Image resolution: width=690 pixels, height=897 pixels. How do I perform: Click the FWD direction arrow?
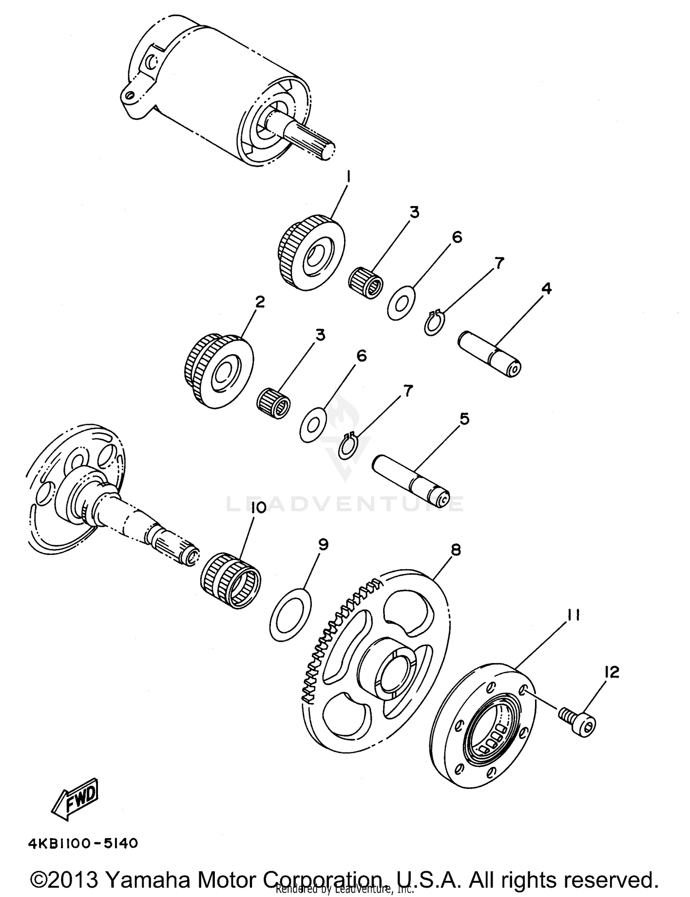pos(75,799)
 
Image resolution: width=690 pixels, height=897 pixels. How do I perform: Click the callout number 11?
pos(572,615)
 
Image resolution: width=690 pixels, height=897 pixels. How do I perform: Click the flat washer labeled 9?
pos(290,614)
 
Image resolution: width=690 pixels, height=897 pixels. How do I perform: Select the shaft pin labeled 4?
pos(490,354)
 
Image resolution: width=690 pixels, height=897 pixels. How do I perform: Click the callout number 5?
pos(465,419)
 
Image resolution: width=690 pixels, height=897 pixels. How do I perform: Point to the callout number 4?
pos(546,288)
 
